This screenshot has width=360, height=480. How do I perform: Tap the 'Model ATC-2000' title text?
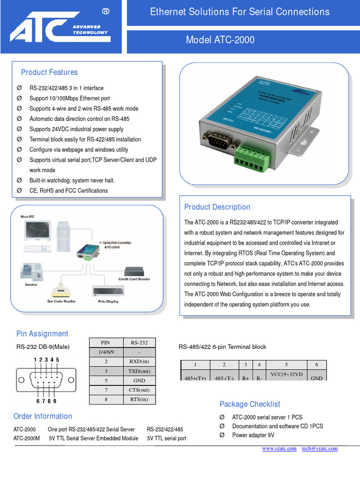pos(220,40)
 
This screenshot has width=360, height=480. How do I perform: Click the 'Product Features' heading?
pos(49,72)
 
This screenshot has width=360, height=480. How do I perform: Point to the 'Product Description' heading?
pos(217,207)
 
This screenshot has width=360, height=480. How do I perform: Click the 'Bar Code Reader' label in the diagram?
pos(61,301)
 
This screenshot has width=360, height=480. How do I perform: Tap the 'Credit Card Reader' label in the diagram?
pos(134,279)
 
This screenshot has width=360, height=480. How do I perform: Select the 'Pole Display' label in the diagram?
pos(109,301)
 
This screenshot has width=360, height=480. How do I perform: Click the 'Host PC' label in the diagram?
pos(28,217)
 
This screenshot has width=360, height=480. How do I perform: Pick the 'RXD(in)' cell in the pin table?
pos(139,361)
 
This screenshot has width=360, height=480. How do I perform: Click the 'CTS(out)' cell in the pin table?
pos(139,390)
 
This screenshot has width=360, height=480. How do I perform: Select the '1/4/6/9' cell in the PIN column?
pos(106,352)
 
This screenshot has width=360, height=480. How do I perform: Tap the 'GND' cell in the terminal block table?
pos(316,378)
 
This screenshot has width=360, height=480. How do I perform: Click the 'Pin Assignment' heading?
pos(42,334)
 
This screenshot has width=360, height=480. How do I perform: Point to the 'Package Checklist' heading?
pos(250,404)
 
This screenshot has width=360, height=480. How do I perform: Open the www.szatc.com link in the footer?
pos(279,449)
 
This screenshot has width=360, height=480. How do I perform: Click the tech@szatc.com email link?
pos(320,449)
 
